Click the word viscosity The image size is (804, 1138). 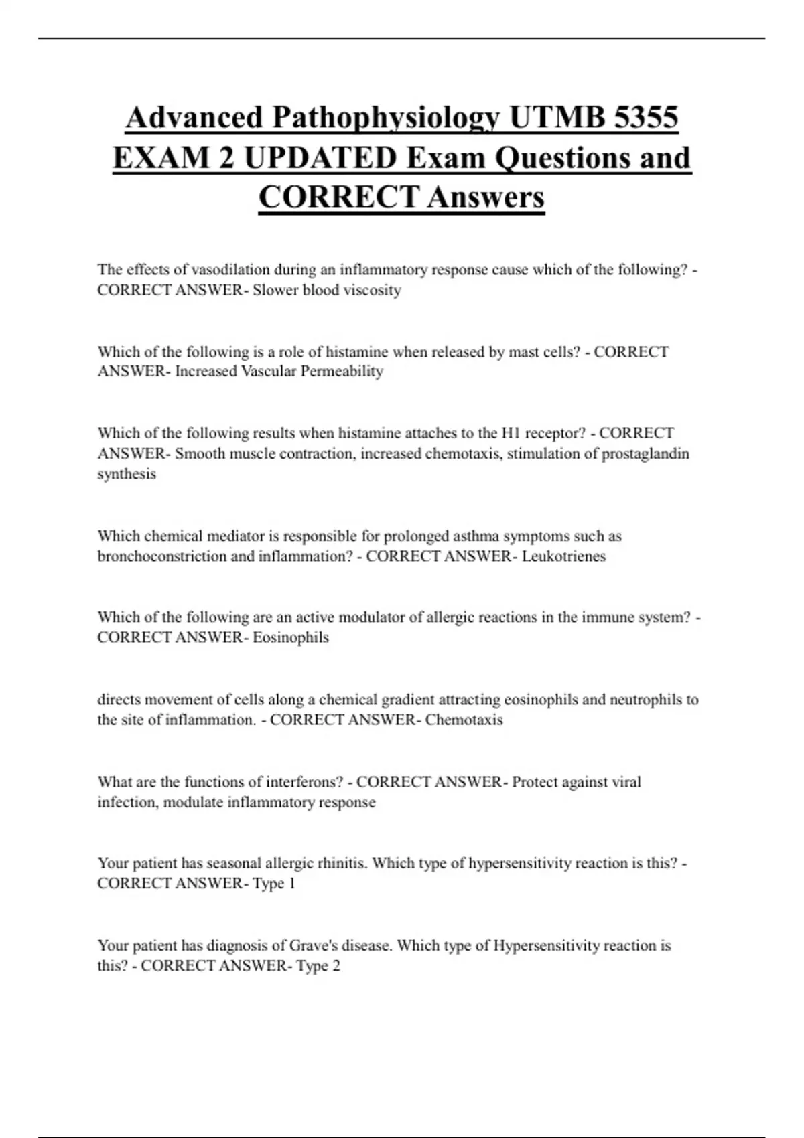[373, 290]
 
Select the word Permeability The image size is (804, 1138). [342, 372]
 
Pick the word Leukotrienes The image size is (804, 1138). [563, 556]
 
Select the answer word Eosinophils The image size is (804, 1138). [291, 637]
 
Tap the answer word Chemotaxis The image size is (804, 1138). [464, 720]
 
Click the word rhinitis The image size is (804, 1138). [342, 864]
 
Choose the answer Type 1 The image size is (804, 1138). [274, 884]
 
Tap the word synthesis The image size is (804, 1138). [127, 474]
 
